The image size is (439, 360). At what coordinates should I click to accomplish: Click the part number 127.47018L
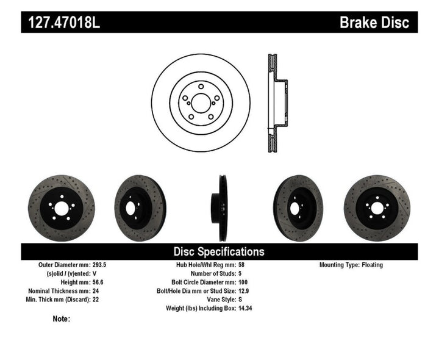(x=61, y=23)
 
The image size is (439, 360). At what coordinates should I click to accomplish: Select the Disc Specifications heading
(x=219, y=251)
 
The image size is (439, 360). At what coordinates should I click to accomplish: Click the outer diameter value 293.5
(x=116, y=265)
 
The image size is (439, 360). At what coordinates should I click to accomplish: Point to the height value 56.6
(x=114, y=283)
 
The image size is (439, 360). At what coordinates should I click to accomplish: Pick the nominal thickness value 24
(x=112, y=291)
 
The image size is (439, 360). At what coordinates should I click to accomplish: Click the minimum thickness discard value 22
(x=112, y=300)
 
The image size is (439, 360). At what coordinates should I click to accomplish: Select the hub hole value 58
(x=241, y=265)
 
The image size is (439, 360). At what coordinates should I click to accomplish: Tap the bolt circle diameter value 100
(x=243, y=283)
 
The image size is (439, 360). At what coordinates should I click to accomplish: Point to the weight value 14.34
(x=246, y=308)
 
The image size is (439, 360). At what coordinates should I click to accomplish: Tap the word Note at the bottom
(x=61, y=319)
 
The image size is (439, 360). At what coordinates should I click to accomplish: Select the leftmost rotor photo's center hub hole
(x=61, y=208)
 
